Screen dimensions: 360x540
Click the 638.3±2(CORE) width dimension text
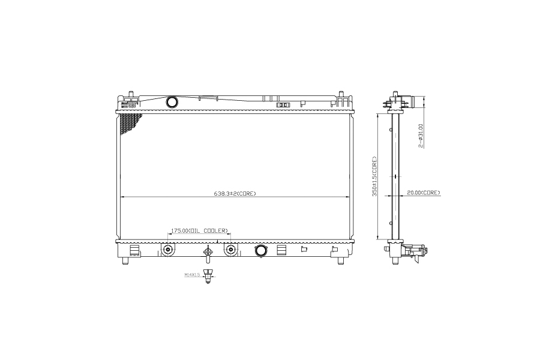click(x=235, y=194)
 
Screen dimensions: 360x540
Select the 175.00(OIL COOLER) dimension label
click(x=200, y=230)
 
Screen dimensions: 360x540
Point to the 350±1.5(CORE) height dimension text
click(x=374, y=177)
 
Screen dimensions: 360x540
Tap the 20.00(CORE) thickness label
click(x=424, y=193)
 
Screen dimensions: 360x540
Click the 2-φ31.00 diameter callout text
click(x=421, y=136)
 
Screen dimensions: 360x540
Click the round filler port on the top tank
click(x=172, y=102)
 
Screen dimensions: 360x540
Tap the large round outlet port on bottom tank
click(x=261, y=251)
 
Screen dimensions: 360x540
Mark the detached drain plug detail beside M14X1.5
click(x=208, y=277)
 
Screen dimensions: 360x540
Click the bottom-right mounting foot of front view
click(x=341, y=259)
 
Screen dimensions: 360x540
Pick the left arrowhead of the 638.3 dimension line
click(x=122, y=197)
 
